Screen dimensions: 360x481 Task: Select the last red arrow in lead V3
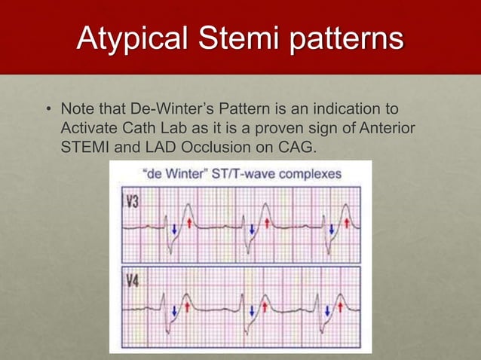pyautogui.click(x=346, y=223)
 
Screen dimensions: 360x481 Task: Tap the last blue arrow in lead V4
pyautogui.click(x=327, y=309)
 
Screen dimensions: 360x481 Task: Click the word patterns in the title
pyautogui.click(x=350, y=39)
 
